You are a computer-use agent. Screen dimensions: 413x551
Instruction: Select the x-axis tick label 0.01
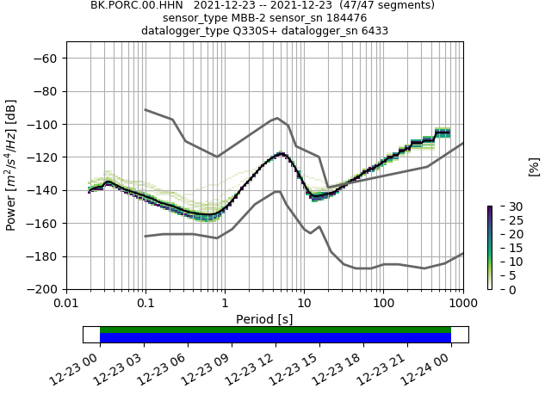66,304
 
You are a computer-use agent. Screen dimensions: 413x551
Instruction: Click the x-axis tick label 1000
462,304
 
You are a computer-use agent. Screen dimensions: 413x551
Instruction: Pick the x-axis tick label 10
304,304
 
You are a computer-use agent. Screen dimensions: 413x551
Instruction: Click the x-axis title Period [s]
264,319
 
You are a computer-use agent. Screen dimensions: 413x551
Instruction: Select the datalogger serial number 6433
370,30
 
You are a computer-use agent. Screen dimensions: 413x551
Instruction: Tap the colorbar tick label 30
504,206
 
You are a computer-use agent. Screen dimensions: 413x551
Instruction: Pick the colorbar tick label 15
504,248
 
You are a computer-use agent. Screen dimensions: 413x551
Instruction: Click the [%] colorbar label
534,165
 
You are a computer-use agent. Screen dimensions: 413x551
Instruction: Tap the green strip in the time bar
275,330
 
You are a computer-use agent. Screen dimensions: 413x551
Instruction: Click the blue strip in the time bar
275,338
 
